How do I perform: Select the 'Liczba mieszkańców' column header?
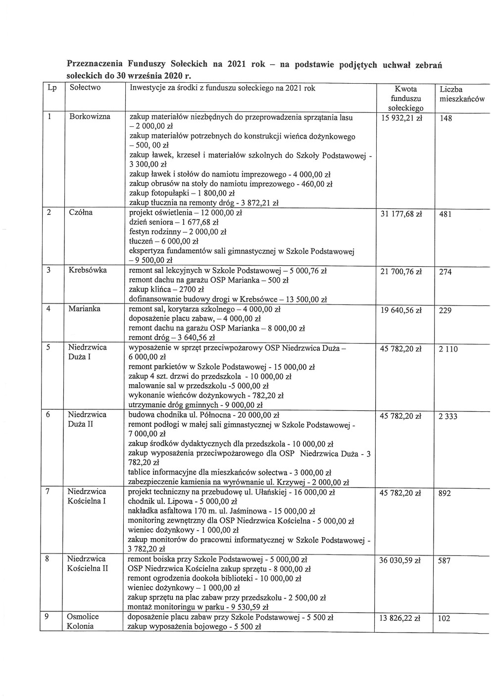pos(461,94)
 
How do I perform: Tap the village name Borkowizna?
pos(90,117)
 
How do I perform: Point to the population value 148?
pos(445,118)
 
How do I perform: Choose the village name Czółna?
pos(82,213)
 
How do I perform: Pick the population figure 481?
pos(445,215)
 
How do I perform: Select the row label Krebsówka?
pos(88,270)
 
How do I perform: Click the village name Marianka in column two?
pos(84,309)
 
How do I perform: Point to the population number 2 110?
pos(448,349)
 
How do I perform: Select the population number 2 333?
pos(448,416)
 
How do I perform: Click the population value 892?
pos(445,493)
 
